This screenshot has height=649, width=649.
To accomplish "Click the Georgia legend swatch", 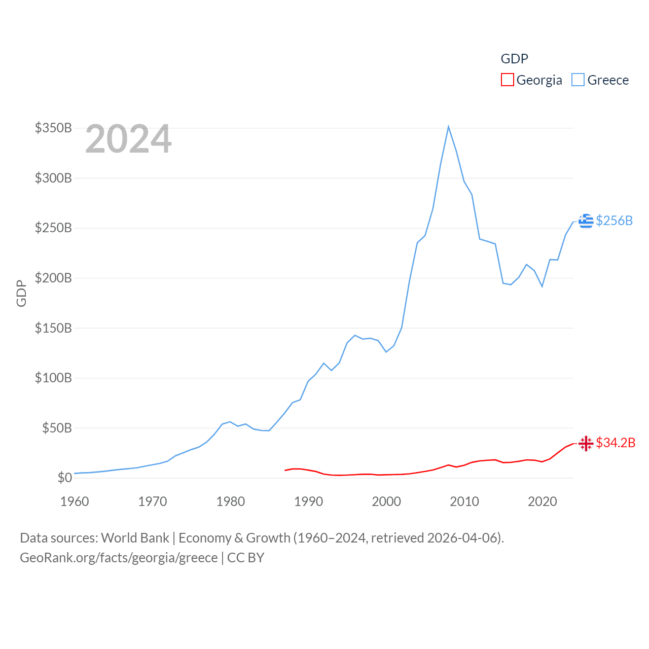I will [x=507, y=80].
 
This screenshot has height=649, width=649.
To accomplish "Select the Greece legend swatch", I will [x=578, y=80].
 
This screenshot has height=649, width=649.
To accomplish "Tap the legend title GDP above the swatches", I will [x=514, y=59].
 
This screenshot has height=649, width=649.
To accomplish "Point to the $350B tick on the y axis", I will [x=53, y=128].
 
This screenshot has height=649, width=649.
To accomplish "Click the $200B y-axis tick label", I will [x=53, y=278].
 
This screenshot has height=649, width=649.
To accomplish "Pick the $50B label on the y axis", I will [x=57, y=428].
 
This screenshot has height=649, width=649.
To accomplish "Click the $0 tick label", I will [x=64, y=478].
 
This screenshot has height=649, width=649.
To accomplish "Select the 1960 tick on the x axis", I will [x=75, y=501].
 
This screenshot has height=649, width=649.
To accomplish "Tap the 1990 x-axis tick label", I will [x=308, y=501].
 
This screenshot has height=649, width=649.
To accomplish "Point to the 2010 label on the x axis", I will [x=464, y=501].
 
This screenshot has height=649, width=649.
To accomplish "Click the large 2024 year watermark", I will [x=128, y=139].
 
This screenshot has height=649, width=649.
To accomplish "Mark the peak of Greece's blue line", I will [x=449, y=127].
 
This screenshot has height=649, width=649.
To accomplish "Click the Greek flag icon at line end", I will [x=586, y=221].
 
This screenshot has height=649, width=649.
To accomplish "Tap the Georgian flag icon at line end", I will [x=586, y=443].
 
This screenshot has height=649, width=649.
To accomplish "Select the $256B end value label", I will [x=615, y=221].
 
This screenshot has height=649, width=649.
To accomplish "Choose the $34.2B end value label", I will [x=616, y=443].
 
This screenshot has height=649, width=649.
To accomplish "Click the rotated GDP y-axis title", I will [x=21, y=293].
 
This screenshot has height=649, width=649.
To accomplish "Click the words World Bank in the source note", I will [x=135, y=537].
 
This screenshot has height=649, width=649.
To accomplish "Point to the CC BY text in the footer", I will [x=246, y=558].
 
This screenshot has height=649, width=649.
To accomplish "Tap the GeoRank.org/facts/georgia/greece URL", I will [x=119, y=558].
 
